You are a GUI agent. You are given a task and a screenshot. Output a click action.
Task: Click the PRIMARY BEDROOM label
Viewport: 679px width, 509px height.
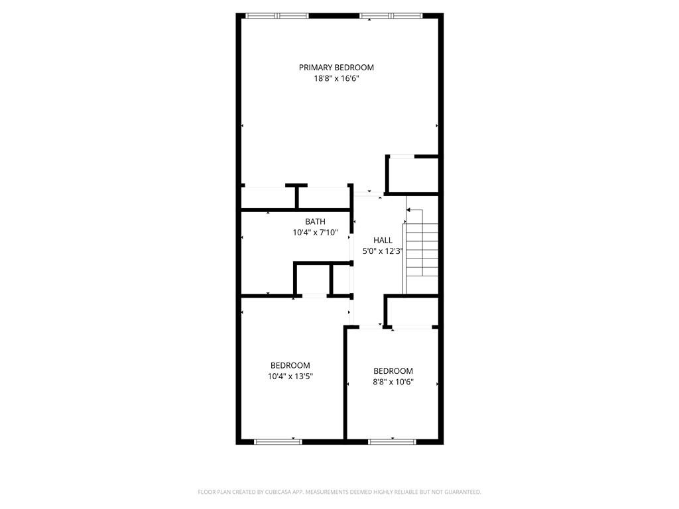(x=336, y=68)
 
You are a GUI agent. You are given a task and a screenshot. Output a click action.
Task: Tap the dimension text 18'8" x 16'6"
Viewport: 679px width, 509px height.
(x=336, y=78)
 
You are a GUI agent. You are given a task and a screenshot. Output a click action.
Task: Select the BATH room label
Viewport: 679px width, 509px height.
(x=315, y=221)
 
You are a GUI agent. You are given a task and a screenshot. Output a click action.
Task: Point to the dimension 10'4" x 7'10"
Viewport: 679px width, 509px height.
(x=315, y=233)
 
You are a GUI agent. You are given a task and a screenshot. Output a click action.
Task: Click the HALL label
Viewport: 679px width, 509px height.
(x=383, y=241)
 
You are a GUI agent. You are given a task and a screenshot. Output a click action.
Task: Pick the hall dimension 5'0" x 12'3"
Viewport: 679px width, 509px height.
(x=383, y=251)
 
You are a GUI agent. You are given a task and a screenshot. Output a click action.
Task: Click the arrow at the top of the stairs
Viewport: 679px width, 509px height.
(x=409, y=210)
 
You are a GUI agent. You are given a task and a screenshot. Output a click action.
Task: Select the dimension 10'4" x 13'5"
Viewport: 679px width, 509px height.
(x=290, y=376)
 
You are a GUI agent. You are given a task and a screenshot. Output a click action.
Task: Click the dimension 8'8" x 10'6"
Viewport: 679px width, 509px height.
(x=393, y=382)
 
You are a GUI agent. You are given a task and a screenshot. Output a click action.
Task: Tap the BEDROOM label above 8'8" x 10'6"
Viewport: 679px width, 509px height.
(x=393, y=371)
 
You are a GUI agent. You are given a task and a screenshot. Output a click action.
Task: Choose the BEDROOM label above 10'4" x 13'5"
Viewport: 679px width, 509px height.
(x=290, y=365)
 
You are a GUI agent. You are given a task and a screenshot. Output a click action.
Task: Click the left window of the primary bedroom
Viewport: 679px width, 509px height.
(x=277, y=15)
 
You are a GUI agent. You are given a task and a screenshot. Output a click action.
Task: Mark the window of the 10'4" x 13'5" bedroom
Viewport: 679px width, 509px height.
(x=278, y=441)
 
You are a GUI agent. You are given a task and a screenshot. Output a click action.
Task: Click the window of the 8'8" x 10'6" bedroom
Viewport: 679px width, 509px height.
(x=393, y=441)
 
